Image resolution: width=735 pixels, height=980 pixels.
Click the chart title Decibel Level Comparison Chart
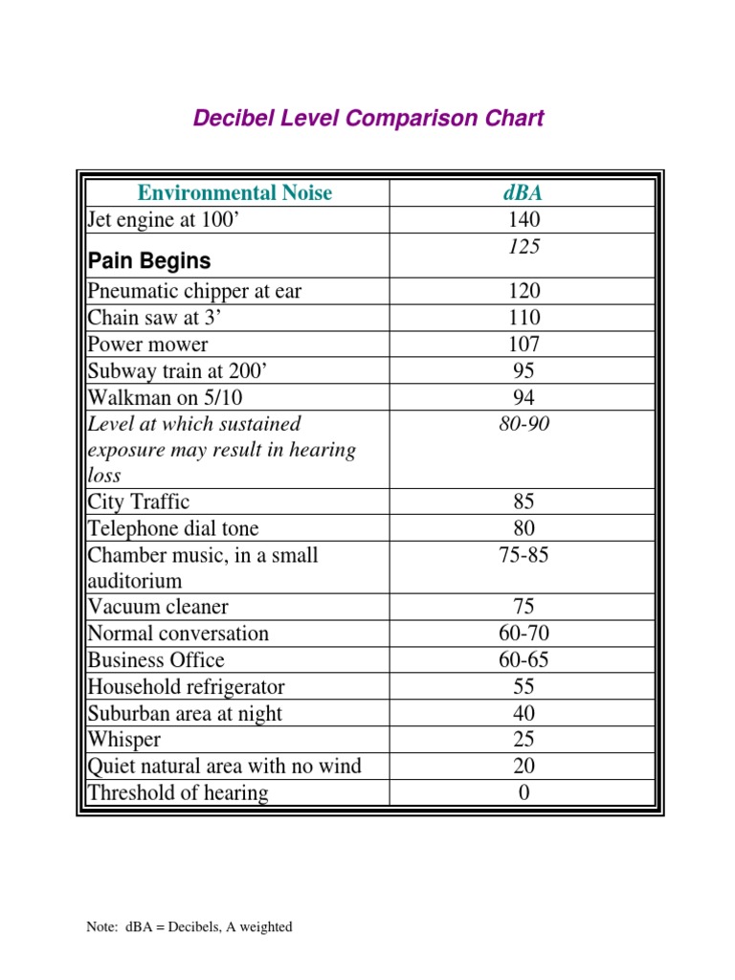coord(368,119)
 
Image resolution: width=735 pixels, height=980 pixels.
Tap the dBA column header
coord(523,192)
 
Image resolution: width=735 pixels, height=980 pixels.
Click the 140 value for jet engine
coord(523,219)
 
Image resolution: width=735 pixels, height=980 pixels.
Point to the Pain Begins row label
coord(149,260)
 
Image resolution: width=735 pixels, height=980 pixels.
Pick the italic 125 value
coord(523,246)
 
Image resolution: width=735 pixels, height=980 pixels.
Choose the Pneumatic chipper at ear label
coord(194,291)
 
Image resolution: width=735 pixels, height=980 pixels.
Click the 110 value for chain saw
coord(523,318)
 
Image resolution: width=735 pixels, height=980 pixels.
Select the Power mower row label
coord(147,345)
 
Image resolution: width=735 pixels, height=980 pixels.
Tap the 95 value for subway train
coord(523,371)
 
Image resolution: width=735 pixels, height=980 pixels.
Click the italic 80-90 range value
coord(523,424)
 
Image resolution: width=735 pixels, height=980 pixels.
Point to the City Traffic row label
coord(139,501)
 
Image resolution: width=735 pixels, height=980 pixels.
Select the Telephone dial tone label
coord(173,528)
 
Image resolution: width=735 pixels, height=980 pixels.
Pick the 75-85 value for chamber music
coord(523,555)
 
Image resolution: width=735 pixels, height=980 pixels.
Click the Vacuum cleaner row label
coord(158,607)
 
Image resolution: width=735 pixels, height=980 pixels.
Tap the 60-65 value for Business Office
coord(523,660)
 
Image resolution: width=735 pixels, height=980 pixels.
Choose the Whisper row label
coord(124,740)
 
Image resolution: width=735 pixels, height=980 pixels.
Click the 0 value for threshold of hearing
coord(523,792)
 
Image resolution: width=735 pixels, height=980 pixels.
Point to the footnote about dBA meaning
coord(189,926)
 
